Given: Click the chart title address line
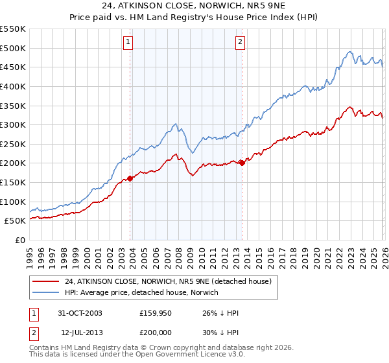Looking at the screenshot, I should tap(194, 6).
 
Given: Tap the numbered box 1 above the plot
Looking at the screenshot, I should tap(128, 43).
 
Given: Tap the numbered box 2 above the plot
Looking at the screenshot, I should tap(240, 43).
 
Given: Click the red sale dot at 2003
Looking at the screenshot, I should tap(130, 178).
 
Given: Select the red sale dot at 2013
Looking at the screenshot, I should tap(242, 163).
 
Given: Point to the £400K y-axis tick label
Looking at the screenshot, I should tap(13, 86).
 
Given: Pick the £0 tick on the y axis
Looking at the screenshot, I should tap(19, 240).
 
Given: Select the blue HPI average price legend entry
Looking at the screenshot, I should tap(141, 292).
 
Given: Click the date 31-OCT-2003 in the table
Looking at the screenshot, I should tap(80, 314).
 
